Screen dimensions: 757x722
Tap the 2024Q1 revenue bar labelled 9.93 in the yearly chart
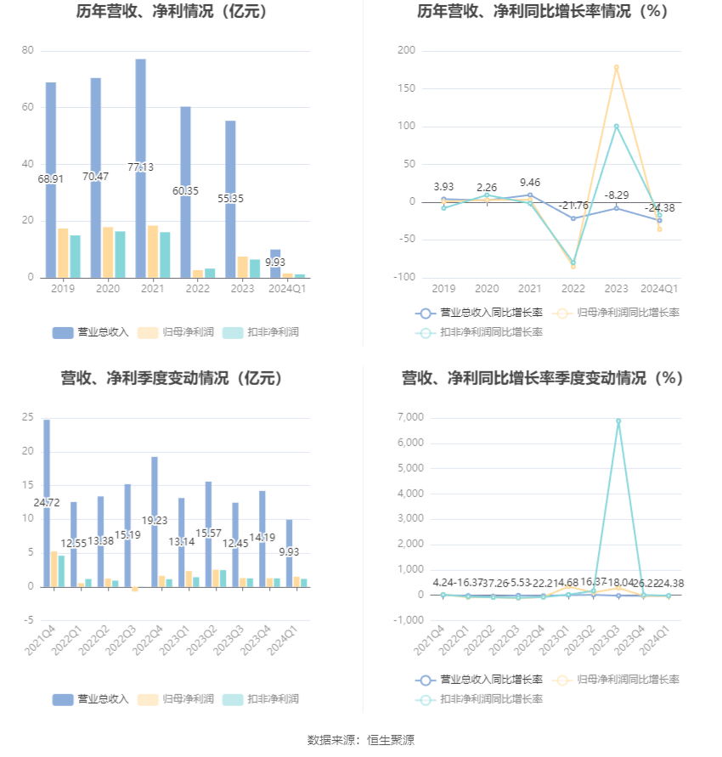(275, 264)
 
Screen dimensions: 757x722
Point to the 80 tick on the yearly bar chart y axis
(28, 51)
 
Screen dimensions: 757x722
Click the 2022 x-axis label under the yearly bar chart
(198, 290)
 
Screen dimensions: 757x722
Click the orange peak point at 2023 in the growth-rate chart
(616, 67)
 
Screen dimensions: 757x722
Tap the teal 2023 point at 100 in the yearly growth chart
(616, 127)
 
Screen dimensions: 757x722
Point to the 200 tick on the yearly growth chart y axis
(406, 51)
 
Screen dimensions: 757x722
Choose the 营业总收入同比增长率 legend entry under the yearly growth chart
(479, 313)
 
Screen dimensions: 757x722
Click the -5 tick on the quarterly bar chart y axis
(28, 621)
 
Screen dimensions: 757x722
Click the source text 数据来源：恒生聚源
(360, 740)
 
